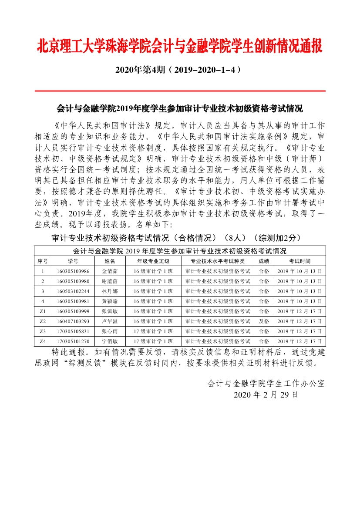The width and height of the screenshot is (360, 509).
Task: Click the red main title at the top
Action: [180, 46]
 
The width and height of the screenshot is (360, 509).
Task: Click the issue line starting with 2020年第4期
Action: [178, 70]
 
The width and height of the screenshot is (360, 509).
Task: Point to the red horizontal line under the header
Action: [180, 91]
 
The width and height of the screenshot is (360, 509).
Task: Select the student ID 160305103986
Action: [73, 271]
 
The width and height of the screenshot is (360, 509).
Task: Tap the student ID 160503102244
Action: [73, 291]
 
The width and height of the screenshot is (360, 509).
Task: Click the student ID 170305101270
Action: [73, 341]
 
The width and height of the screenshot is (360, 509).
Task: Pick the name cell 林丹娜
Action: [110, 291]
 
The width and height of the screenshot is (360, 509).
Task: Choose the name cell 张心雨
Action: [110, 331]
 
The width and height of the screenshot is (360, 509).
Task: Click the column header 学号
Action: [73, 261]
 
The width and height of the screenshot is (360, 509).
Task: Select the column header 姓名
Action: [110, 261]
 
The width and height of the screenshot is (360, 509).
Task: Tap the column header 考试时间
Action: [300, 261]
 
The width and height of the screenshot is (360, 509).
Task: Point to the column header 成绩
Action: [264, 261]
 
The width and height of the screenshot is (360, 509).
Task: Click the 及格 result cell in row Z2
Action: [264, 321]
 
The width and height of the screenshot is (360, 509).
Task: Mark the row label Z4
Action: [43, 341]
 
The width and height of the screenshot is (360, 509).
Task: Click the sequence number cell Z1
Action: [43, 311]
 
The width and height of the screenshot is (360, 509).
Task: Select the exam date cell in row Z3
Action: [300, 331]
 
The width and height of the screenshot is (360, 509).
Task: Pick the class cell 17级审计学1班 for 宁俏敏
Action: [153, 341]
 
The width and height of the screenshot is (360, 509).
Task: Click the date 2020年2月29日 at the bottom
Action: [266, 394]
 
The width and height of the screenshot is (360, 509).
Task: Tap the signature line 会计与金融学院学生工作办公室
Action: [266, 384]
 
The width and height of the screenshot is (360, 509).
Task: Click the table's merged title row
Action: [180, 251]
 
